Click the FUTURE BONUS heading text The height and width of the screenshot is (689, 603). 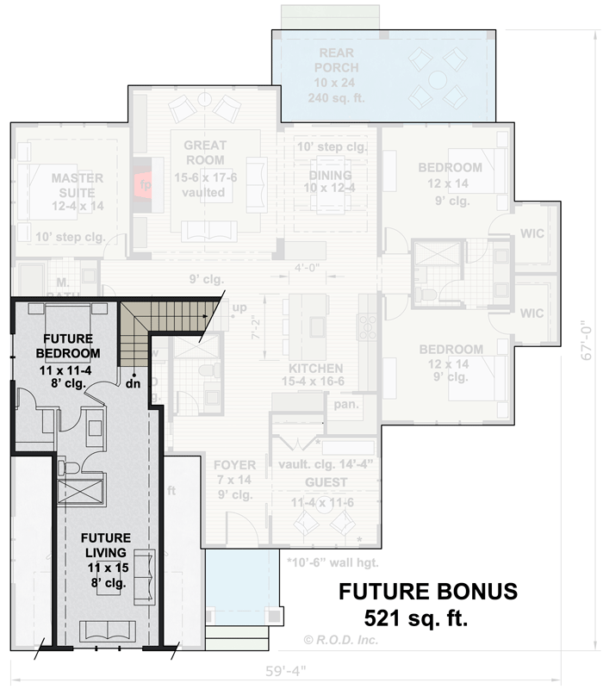pos(427,592)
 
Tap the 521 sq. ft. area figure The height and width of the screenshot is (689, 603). pos(416,618)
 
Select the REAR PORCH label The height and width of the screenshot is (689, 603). pos(335,59)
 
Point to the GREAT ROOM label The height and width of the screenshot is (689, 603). pos(204,152)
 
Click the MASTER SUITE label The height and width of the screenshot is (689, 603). pos(78,185)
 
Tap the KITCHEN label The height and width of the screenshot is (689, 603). pos(316,368)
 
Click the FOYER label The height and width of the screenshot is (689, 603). pos(234,466)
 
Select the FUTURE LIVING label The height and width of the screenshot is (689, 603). pos(108,545)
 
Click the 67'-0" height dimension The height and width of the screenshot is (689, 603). pos(587,335)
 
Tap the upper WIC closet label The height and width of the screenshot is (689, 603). pos(532,233)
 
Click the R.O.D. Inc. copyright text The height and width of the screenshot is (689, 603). pos(340,640)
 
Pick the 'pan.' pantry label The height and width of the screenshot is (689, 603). pos(347,403)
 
